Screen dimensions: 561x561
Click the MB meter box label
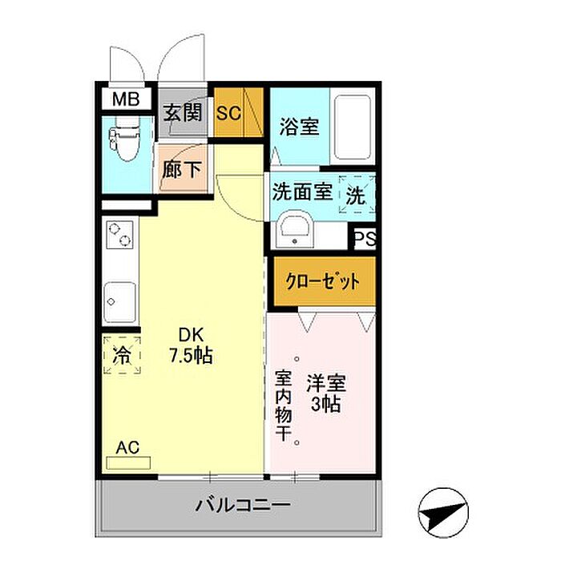(x=126, y=99)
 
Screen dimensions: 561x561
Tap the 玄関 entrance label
(x=183, y=112)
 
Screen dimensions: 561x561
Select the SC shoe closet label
(x=228, y=113)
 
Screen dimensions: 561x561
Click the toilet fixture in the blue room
(x=125, y=139)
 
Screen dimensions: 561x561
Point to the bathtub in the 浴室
(x=352, y=127)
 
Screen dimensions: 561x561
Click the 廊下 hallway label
(x=182, y=170)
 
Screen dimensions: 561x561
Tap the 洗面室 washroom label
(x=303, y=192)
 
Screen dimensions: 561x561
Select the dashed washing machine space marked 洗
(x=357, y=195)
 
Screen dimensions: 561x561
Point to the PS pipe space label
(x=365, y=237)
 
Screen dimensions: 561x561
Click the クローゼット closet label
(x=323, y=281)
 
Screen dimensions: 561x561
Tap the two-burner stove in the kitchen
(x=120, y=235)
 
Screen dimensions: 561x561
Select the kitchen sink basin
(x=120, y=302)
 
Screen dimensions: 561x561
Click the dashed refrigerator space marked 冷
(x=122, y=355)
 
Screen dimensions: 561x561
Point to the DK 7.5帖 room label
(x=191, y=345)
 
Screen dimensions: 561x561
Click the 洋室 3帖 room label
(x=326, y=394)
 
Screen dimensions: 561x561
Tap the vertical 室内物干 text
(x=284, y=406)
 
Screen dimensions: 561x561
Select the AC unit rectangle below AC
(x=128, y=463)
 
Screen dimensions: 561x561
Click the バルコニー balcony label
(x=243, y=505)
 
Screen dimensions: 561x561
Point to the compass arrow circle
(x=443, y=513)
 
